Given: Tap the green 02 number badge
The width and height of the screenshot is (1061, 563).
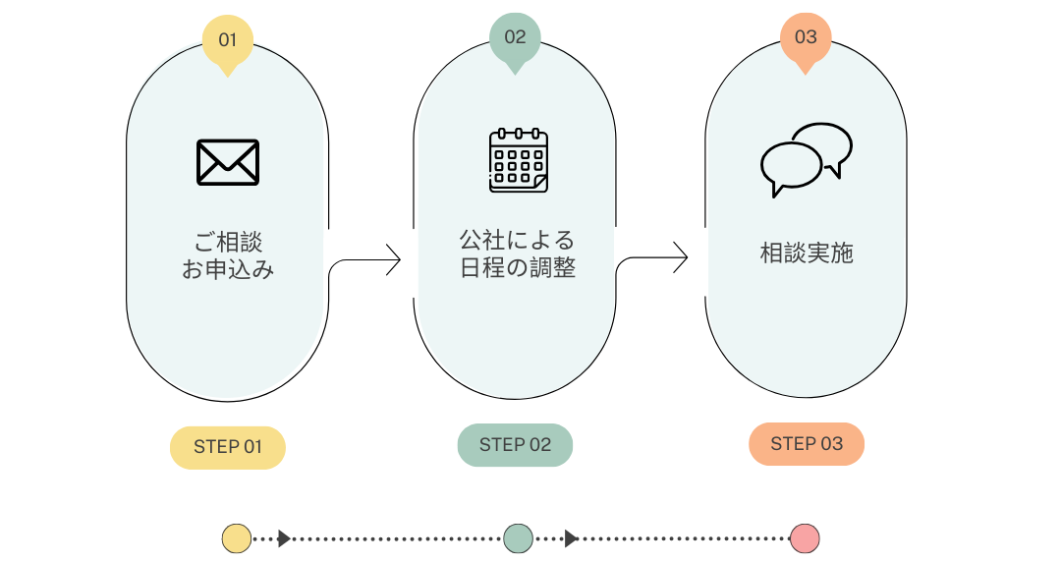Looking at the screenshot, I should click(515, 38).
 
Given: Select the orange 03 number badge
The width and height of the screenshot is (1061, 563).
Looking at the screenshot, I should click(806, 38).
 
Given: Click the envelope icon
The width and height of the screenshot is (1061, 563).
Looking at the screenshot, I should click(228, 162).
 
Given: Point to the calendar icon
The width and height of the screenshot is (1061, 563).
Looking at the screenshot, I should click(519, 160).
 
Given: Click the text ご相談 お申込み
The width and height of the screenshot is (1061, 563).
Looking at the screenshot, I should click(228, 255).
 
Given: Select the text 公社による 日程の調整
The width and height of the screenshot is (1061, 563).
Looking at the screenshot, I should click(517, 253).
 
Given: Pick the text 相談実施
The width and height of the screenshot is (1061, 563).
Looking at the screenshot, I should click(807, 253).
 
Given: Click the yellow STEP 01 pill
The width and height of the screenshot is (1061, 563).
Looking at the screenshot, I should click(228, 447).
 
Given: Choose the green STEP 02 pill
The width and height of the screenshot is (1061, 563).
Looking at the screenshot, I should click(515, 445).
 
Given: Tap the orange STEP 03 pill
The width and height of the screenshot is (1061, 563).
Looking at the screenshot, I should click(807, 444).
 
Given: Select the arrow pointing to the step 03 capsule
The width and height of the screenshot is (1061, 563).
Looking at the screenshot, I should click(652, 258).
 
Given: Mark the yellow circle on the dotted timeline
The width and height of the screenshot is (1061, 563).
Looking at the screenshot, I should click(237, 538).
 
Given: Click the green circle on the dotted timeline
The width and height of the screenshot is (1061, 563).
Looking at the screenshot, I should click(518, 538).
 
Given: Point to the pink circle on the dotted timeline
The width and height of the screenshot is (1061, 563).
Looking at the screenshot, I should click(805, 538).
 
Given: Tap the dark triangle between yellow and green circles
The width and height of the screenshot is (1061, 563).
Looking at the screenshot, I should click(284, 538).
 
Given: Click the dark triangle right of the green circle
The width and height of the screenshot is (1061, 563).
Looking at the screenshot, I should click(571, 538).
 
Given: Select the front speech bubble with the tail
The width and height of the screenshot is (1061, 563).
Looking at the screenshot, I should click(790, 167).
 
